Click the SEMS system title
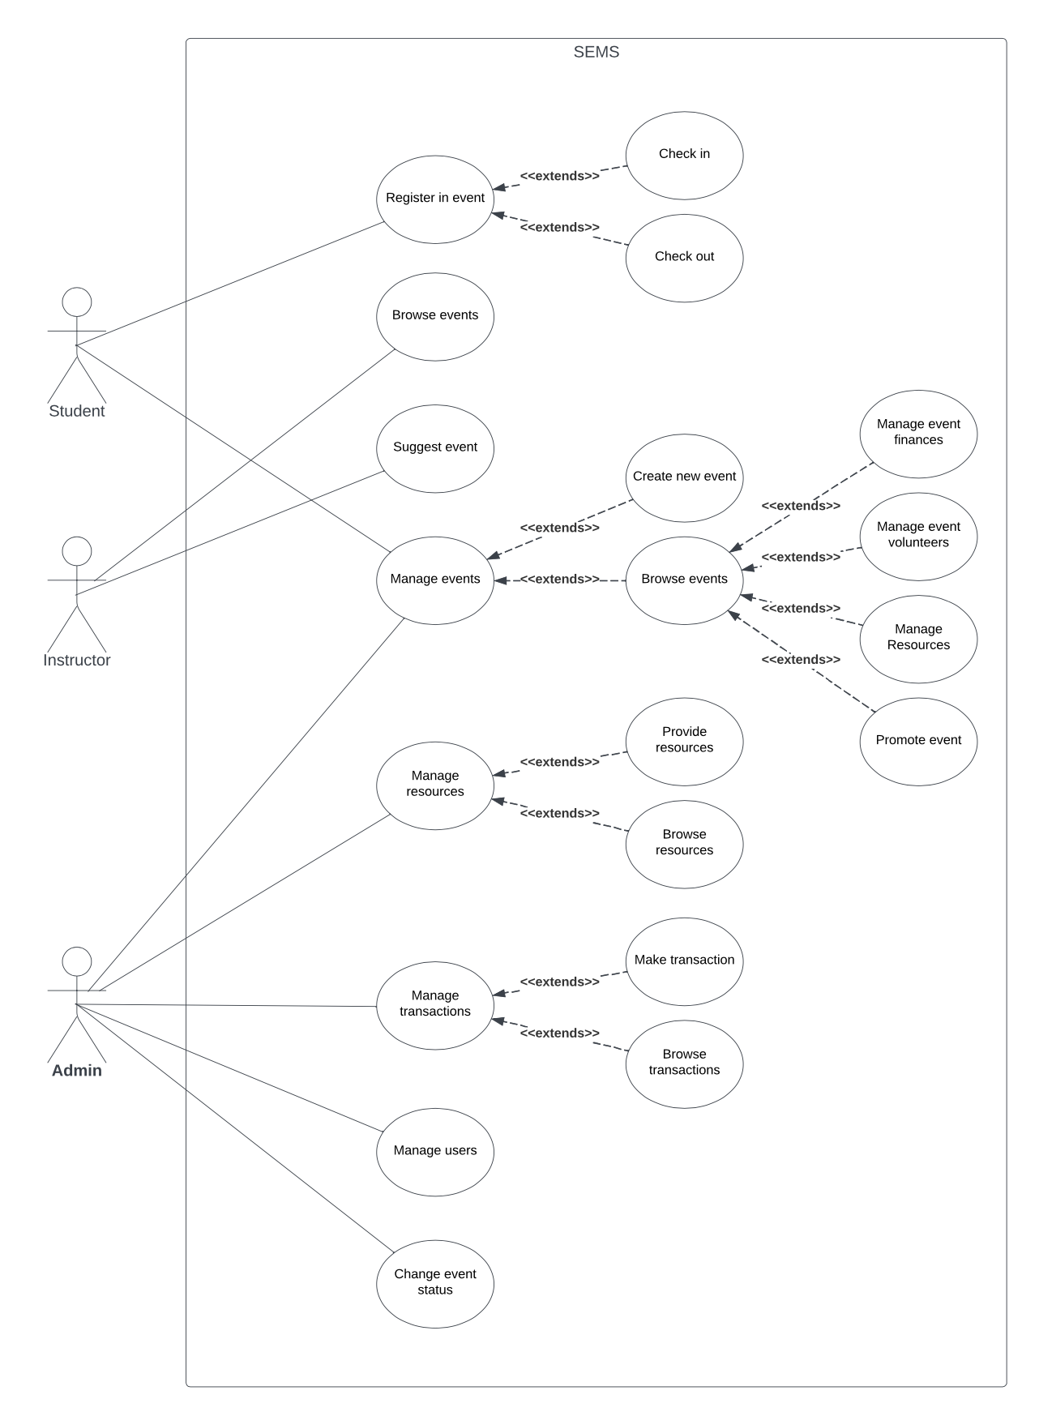pyautogui.click(x=596, y=52)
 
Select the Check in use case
pyautogui.click(x=684, y=154)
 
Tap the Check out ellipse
pyautogui.click(x=684, y=257)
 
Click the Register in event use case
pyautogui.click(x=435, y=199)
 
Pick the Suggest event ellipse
pyautogui.click(x=435, y=447)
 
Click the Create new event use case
pyautogui.click(x=684, y=477)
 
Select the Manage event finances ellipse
pyautogui.click(x=918, y=433)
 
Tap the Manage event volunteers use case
pyautogui.click(x=918, y=535)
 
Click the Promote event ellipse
pyautogui.click(x=918, y=740)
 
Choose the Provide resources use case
pyautogui.click(x=684, y=740)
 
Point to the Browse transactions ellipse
pyautogui.click(x=684, y=1063)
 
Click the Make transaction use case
pyautogui.click(x=684, y=961)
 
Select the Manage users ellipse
pyautogui.click(x=435, y=1151)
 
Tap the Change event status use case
pyautogui.click(x=435, y=1282)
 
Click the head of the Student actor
pyautogui.click(x=77, y=302)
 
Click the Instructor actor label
pyautogui.click(x=77, y=660)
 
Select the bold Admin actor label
pyautogui.click(x=77, y=1070)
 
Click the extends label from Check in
pyautogui.click(x=559, y=176)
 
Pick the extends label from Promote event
pyautogui.click(x=801, y=660)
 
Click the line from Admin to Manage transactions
pyautogui.click(x=227, y=1006)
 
